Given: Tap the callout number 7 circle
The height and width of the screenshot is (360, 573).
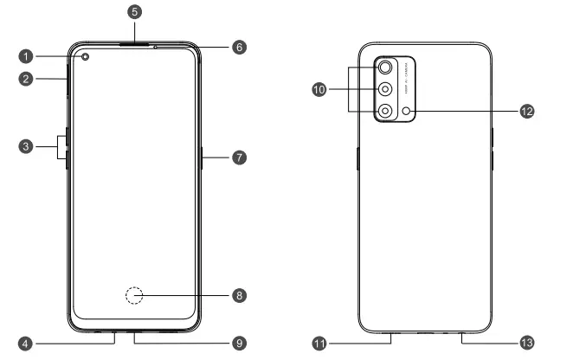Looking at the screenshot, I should (x=240, y=157).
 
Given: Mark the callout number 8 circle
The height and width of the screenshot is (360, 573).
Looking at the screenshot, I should (x=240, y=296).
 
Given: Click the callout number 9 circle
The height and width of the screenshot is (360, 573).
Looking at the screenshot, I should (x=240, y=344).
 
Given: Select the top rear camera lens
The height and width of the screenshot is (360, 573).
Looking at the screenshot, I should (x=384, y=67).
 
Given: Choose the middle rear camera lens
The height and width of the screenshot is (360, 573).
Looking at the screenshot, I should (x=384, y=89).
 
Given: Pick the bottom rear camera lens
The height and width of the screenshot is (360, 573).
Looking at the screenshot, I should (x=384, y=110).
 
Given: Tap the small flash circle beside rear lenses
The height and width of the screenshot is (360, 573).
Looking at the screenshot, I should (x=406, y=110).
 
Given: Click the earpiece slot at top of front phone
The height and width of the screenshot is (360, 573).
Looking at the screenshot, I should (x=133, y=42).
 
